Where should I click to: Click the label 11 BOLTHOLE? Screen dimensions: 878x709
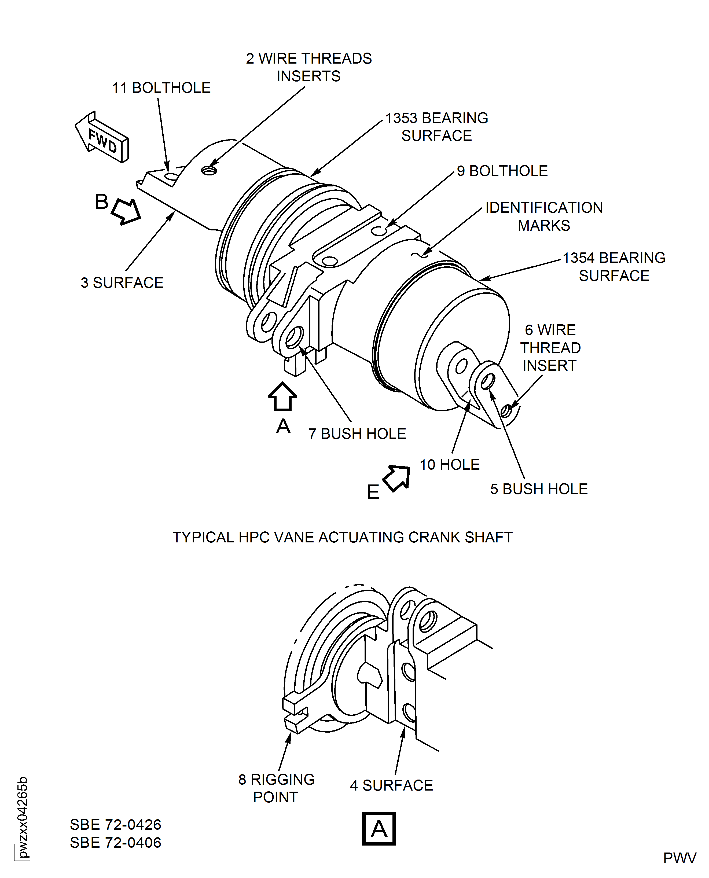point(161,88)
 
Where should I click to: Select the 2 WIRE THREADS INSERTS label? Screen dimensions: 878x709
point(309,67)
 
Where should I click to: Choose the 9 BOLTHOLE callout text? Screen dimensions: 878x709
point(502,171)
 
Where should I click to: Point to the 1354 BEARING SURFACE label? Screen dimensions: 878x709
point(614,267)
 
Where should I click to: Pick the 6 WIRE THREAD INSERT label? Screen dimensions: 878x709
point(550,347)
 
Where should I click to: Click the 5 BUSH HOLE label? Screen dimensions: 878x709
point(539,489)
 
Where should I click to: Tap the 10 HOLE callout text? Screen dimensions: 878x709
point(449,464)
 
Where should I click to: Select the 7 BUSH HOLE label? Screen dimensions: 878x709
point(357,434)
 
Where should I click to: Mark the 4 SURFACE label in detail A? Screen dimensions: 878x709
point(391,785)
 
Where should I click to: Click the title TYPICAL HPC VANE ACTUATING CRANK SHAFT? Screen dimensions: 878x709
point(342,537)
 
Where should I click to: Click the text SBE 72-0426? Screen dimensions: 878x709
point(116,825)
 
